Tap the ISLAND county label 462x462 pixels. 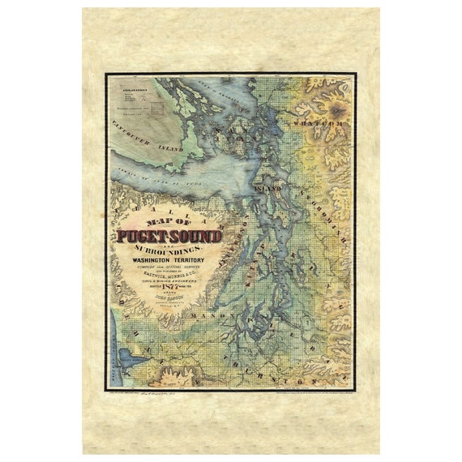point(267,187)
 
